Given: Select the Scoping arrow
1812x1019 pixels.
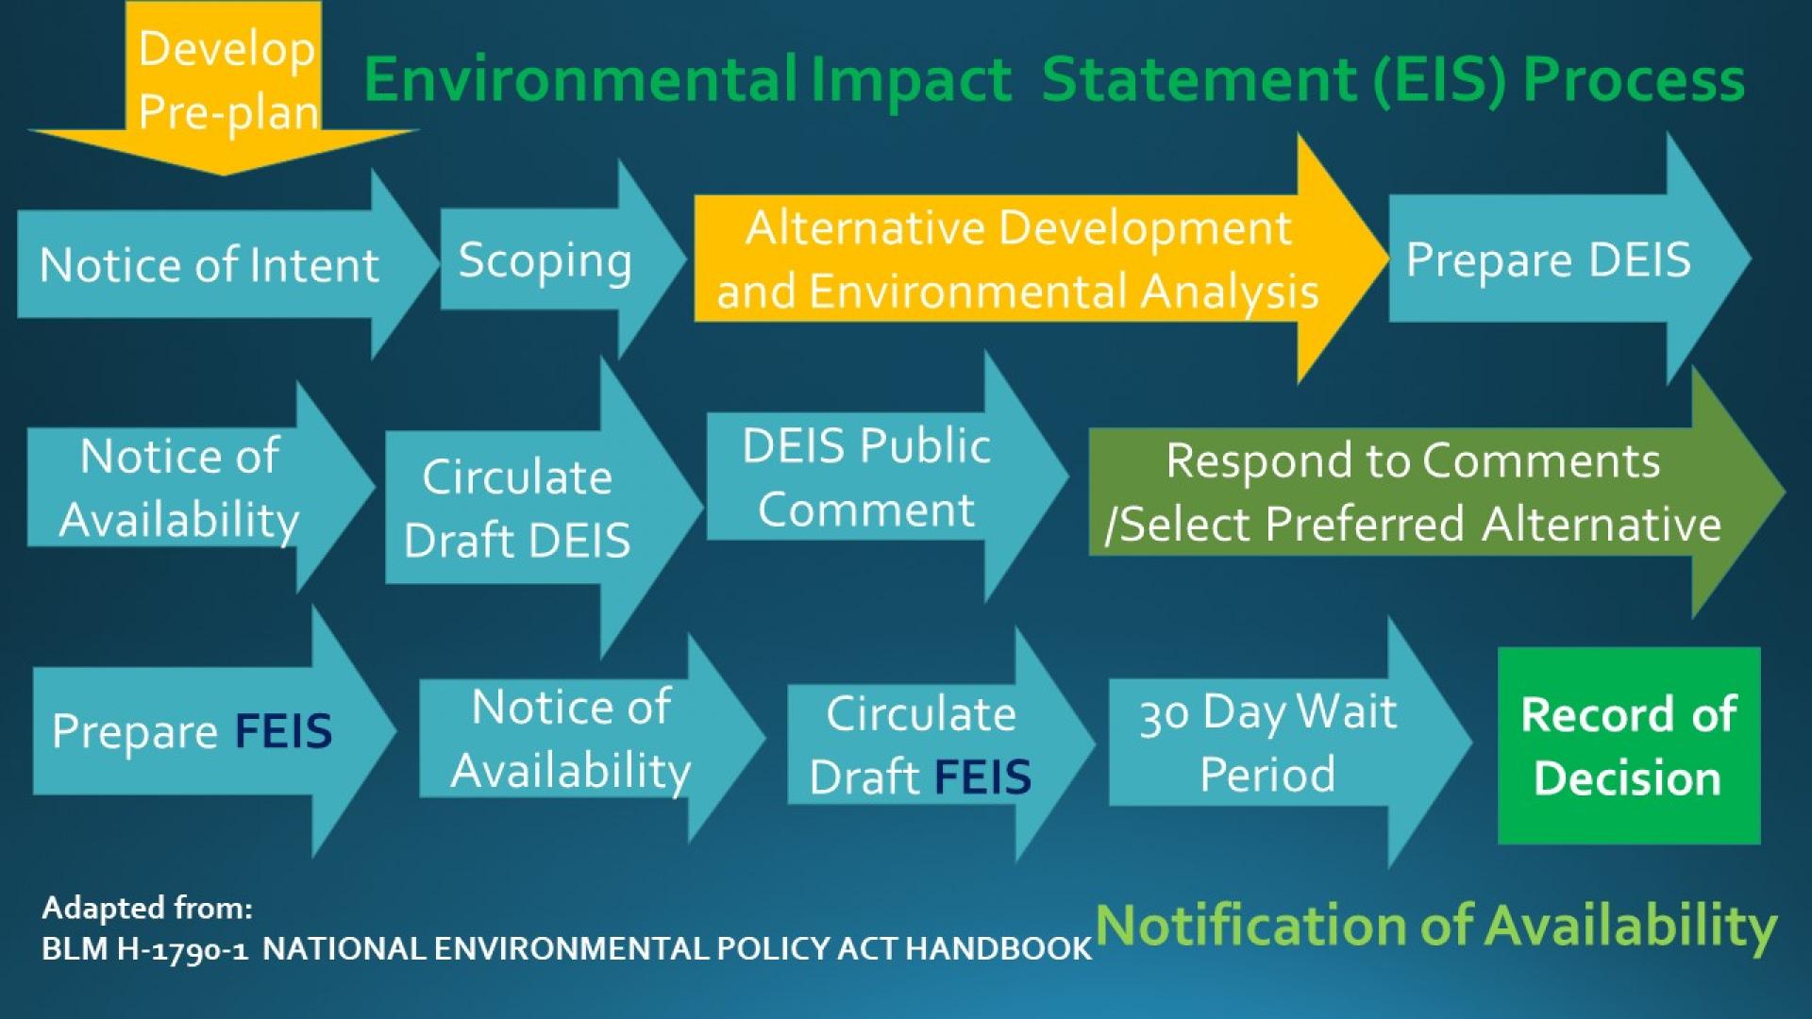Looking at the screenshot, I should coord(545,261).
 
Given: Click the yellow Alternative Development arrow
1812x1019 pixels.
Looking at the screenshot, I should coord(1017,259).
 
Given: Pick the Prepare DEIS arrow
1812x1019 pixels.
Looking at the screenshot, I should coord(1548,259).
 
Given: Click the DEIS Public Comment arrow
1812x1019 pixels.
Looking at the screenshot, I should coord(865,477).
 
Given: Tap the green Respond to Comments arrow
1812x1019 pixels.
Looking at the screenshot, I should coord(1413,492).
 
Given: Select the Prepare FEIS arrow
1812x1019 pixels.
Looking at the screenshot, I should coord(193,731).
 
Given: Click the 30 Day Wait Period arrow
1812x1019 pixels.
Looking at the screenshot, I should coord(1267,743).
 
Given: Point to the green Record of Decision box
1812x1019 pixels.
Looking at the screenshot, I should coord(1629,745).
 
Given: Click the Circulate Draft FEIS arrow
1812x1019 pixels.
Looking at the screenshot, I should coord(920,744).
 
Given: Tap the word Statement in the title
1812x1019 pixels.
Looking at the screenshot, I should coord(1199,79).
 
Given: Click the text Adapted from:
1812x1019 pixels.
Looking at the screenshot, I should coord(147,908).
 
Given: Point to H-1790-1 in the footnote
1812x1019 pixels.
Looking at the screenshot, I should coord(182,948).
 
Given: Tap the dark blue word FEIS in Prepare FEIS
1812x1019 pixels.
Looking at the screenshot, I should coord(283,731).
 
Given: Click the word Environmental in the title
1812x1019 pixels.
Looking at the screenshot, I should coord(580,79).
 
